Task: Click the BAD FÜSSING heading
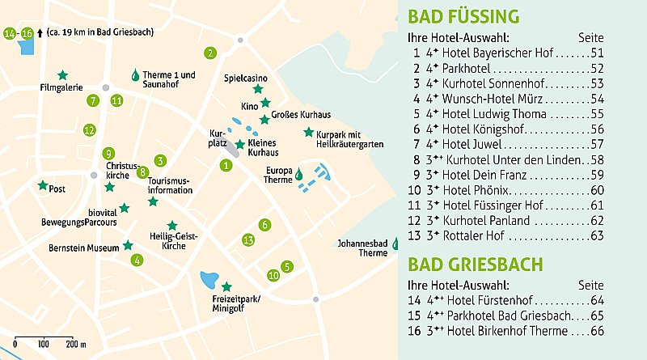(x=463, y=17)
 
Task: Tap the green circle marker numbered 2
(x=210, y=53)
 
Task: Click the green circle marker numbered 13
(x=249, y=239)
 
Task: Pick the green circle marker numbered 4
(x=137, y=260)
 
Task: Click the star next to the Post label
(x=42, y=185)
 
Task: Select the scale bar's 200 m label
(x=76, y=345)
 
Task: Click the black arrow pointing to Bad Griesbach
(x=40, y=33)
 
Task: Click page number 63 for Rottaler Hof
(x=598, y=235)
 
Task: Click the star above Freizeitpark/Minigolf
(x=226, y=286)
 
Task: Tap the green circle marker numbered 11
(x=116, y=100)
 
